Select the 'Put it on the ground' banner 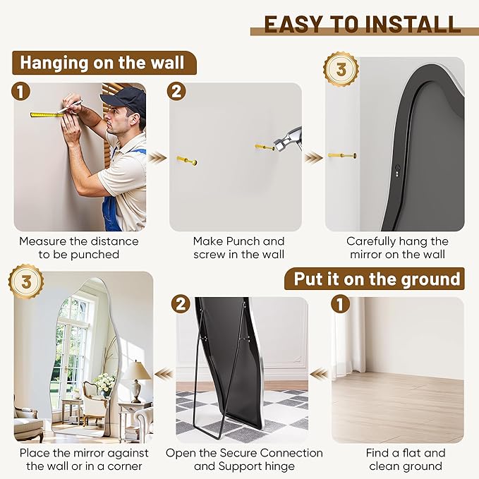tap(377, 279)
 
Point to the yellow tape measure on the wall tap(46, 114)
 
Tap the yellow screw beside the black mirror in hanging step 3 tap(342, 155)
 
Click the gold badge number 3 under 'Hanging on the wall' tap(341, 69)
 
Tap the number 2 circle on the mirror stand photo tap(182, 304)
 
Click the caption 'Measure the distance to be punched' tap(79, 248)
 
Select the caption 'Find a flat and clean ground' tap(405, 459)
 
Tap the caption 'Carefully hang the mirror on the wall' tap(396, 248)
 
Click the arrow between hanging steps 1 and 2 tap(158, 157)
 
